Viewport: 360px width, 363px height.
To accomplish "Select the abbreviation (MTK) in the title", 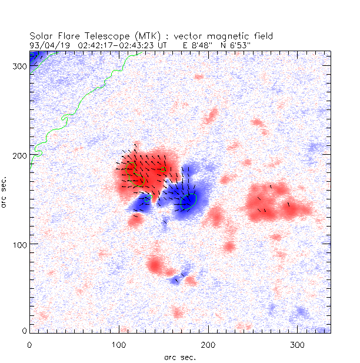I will coord(138,36).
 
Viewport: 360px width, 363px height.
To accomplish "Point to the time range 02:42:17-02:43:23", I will coord(122,44).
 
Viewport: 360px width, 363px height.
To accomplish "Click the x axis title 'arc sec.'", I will coord(180,356).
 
